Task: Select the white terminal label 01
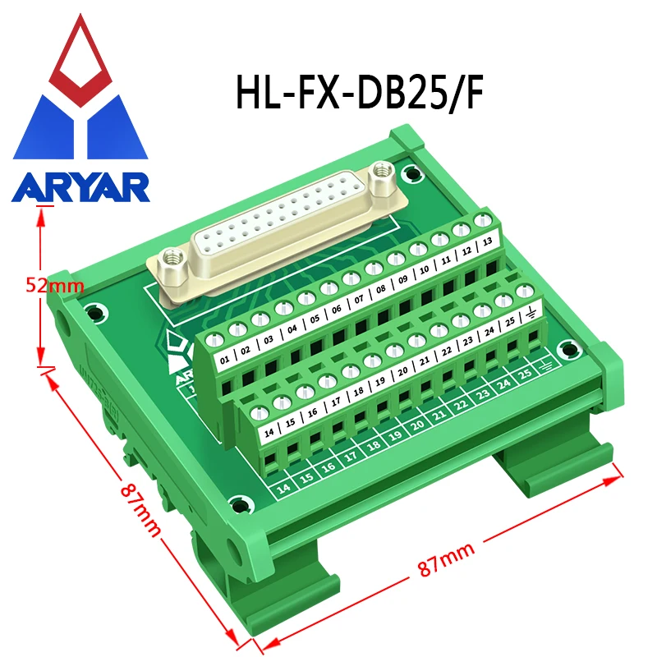[223, 358]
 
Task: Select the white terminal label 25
[509, 320]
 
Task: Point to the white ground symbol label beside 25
[530, 312]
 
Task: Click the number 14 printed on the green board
[284, 486]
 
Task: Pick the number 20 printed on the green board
[417, 425]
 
